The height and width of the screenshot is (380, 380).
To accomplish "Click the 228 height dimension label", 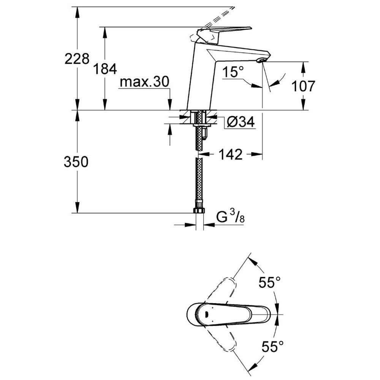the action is click(x=77, y=59).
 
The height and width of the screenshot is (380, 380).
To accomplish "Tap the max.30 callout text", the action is click(x=144, y=82).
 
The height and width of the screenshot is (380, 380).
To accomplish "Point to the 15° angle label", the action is click(x=233, y=72).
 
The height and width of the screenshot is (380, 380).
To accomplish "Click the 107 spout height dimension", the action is click(x=303, y=86).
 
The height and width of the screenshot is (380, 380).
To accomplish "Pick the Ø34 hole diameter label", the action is click(x=241, y=122).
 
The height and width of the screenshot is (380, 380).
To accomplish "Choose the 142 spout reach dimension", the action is click(x=231, y=154).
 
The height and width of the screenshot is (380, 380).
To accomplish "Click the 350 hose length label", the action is click(x=76, y=161).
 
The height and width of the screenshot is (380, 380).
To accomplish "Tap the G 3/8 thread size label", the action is click(x=230, y=217).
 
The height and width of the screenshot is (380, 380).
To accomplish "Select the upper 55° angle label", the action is click(x=269, y=282).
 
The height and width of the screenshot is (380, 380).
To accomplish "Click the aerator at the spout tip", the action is click(x=262, y=60).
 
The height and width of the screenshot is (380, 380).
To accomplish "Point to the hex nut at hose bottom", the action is click(x=199, y=209).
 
